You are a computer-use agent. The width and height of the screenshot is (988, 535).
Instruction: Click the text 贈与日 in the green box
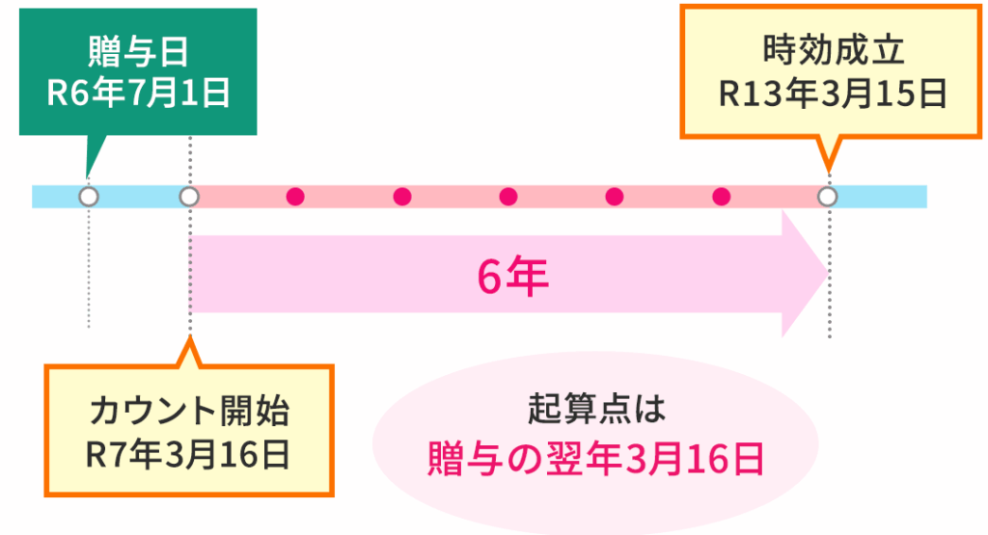click(139, 48)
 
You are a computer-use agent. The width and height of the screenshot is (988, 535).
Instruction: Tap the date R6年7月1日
click(139, 94)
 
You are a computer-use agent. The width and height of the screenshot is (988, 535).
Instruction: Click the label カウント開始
click(188, 412)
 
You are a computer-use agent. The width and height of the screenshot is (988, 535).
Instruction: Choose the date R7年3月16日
click(188, 455)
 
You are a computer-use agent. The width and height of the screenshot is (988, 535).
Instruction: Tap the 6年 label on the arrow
click(512, 278)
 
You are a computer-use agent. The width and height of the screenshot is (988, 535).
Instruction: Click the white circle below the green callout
click(89, 197)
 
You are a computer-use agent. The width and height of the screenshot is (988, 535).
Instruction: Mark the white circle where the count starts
click(190, 197)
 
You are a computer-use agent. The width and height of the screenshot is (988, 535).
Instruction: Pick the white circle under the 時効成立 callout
click(828, 197)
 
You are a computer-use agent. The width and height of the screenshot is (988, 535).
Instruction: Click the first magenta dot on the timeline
click(296, 197)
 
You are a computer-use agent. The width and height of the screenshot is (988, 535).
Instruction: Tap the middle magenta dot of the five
click(508, 197)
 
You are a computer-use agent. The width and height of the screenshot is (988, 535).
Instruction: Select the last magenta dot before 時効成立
click(721, 197)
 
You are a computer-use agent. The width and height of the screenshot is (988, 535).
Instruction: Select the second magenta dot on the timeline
click(402, 197)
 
